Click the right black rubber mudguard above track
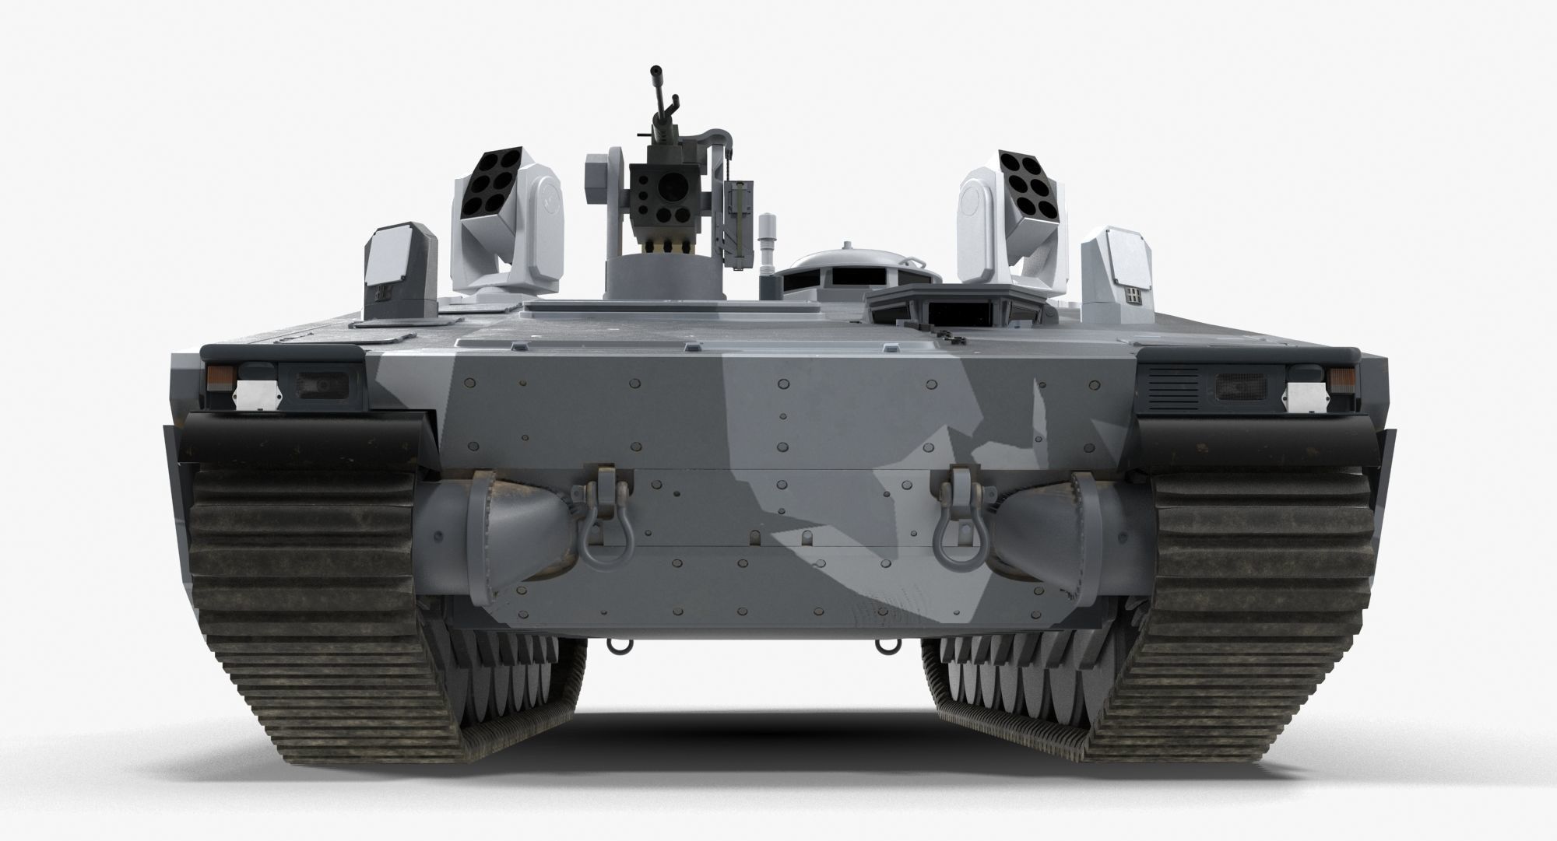tap(1261, 440)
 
